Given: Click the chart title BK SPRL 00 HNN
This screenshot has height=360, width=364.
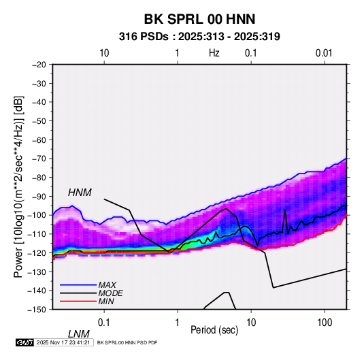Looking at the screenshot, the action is coord(199,19).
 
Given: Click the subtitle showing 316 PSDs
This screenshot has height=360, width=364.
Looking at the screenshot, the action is coord(199,37).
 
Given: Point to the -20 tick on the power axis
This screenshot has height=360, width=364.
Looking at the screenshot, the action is coord(39,65).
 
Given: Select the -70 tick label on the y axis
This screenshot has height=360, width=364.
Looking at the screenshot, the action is coord(39,159).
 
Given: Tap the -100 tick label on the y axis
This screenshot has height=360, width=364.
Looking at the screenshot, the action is coord(37,215).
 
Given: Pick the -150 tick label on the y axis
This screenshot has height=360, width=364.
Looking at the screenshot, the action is coord(37,310).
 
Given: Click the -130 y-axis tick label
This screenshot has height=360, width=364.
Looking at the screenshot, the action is coord(37,272).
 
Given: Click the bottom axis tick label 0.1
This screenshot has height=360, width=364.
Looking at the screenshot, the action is coord(104,323).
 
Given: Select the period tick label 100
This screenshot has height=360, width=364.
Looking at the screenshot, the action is coord(325,323).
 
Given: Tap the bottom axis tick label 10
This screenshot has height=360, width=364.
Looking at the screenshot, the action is coord(251,323).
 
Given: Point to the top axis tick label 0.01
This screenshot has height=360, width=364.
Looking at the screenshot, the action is coord(324,53).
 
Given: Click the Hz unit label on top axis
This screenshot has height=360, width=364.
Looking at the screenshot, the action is coord(214,53).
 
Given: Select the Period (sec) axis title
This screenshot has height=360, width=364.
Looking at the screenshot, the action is coord(214,330).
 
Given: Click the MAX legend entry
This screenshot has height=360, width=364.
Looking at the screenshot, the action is coord(107,285).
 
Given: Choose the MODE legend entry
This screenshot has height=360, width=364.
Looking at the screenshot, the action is coord(110,293).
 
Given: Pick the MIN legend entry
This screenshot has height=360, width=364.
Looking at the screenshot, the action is coord(106,301).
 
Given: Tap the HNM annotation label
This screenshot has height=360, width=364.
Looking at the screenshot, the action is coord(80,193).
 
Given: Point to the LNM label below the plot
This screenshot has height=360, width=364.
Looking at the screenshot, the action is coord(78,334).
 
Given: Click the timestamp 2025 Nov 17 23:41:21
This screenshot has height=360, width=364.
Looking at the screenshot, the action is coord(63,342).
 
